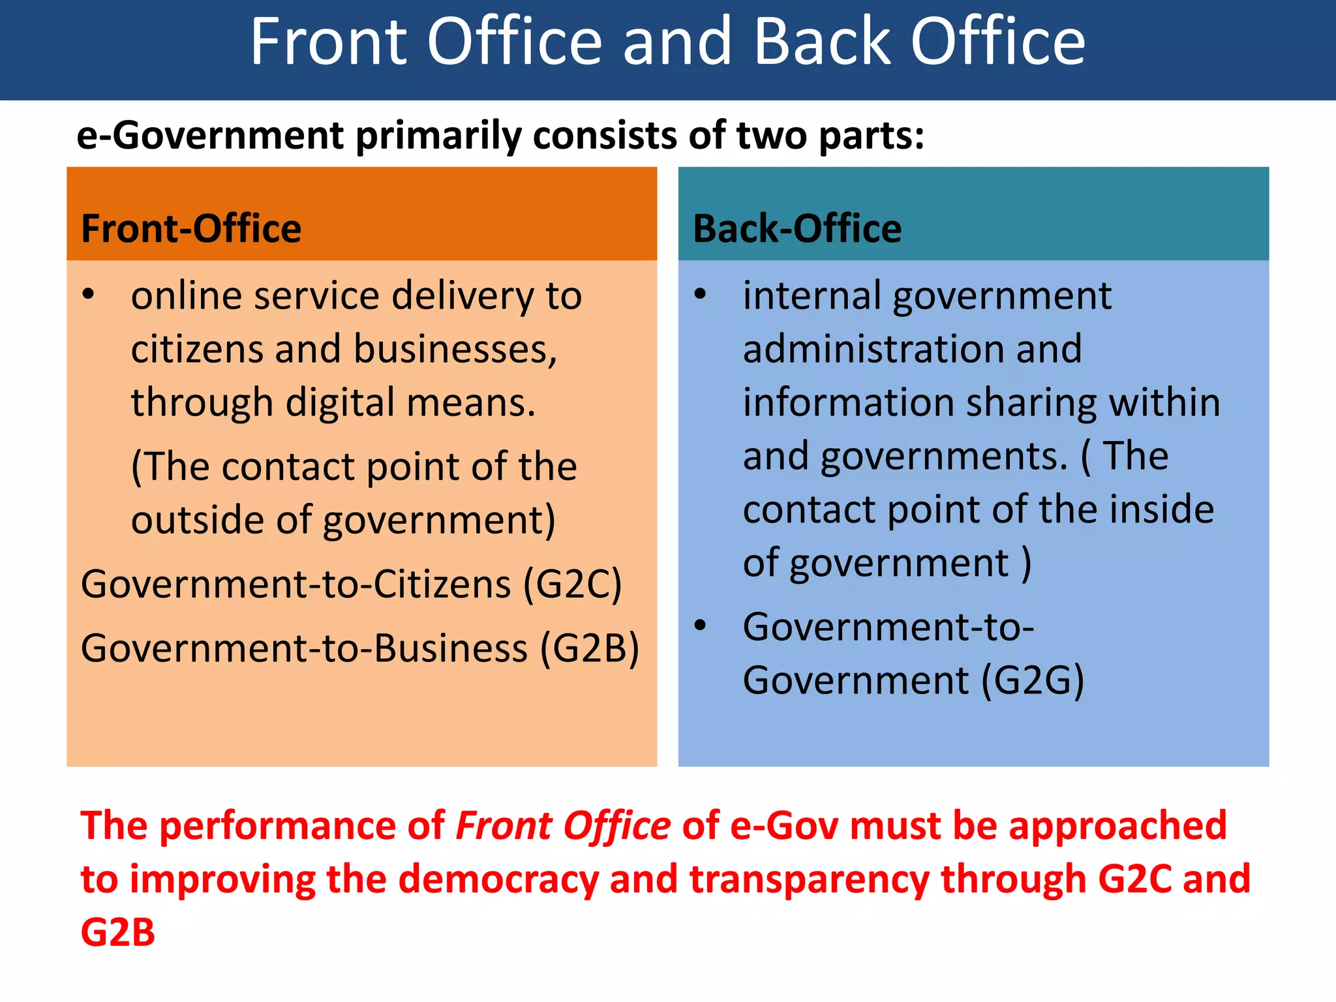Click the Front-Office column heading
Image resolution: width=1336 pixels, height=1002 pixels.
pyautogui.click(x=191, y=228)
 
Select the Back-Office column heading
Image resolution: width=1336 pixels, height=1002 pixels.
pyautogui.click(x=797, y=228)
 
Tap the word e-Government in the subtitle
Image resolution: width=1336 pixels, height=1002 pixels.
pyautogui.click(x=210, y=136)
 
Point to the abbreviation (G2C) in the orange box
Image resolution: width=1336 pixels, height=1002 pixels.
pyautogui.click(x=573, y=584)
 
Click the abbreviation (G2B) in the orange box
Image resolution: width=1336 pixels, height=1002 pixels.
pyautogui.click(x=590, y=648)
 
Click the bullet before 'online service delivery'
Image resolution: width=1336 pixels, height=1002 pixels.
pyautogui.click(x=89, y=295)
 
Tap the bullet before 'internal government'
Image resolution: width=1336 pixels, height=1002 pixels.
pyautogui.click(x=701, y=295)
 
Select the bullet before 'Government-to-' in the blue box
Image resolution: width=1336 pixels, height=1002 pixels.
pyautogui.click(x=701, y=626)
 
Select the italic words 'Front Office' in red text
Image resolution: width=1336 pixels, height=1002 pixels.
pyautogui.click(x=563, y=826)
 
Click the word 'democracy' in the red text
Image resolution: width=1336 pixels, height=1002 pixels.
pyautogui.click(x=498, y=879)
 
